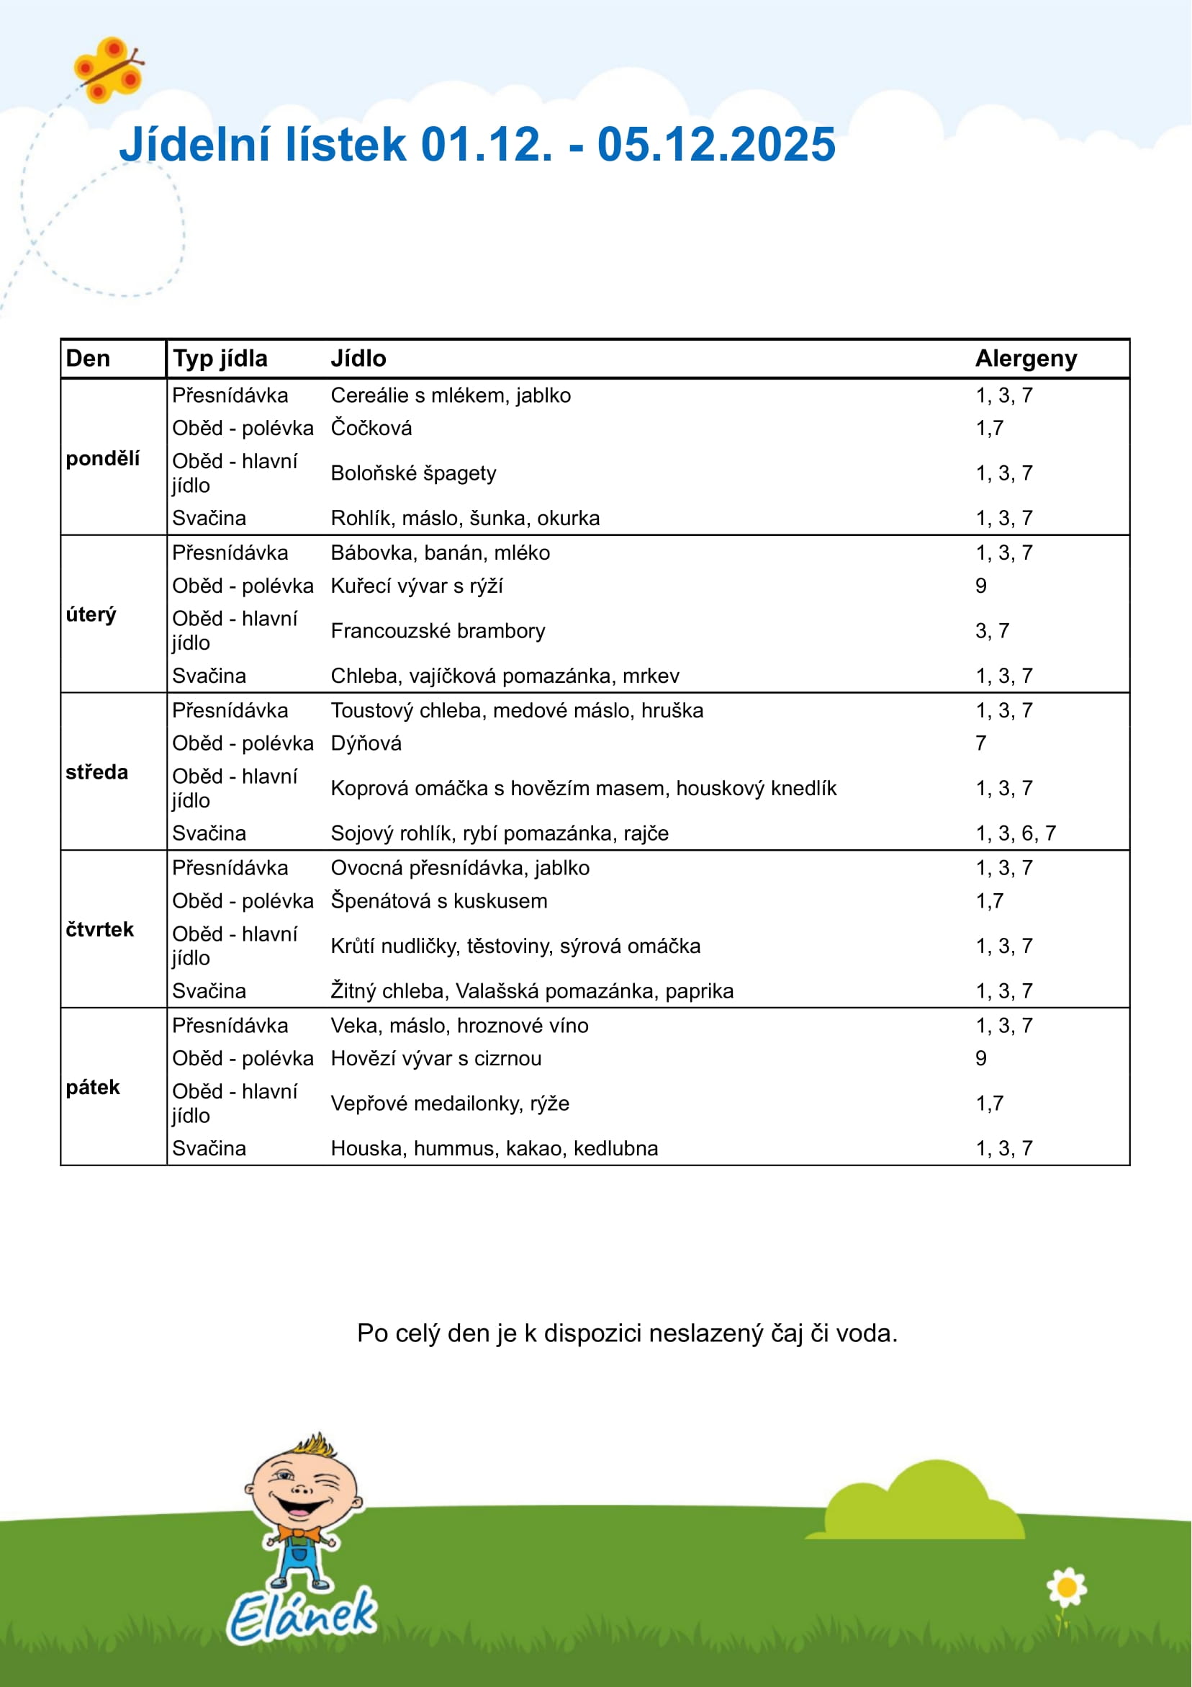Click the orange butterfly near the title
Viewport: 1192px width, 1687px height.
click(x=109, y=71)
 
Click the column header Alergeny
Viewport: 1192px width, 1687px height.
click(x=1025, y=359)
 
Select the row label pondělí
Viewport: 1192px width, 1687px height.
click(x=102, y=459)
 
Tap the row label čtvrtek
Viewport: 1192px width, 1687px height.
click(x=99, y=929)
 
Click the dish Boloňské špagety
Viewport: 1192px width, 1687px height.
click(x=412, y=473)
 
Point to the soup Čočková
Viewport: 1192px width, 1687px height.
click(x=371, y=428)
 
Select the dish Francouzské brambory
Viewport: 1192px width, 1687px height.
click(x=438, y=630)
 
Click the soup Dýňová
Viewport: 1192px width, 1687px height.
click(x=366, y=743)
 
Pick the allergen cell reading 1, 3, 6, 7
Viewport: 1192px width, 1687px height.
click(x=1015, y=833)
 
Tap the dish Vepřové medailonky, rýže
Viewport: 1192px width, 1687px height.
click(x=449, y=1103)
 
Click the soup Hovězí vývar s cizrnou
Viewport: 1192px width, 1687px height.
click(x=435, y=1058)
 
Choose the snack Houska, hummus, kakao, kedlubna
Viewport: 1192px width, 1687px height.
click(x=494, y=1147)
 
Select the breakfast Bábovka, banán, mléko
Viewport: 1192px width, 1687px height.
click(x=440, y=552)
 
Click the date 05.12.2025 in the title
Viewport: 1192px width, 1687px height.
click(x=716, y=144)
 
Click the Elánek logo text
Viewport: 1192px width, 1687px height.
click(x=302, y=1616)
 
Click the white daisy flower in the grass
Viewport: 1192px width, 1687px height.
click(x=1067, y=1588)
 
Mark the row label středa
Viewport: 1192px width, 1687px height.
click(x=96, y=772)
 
